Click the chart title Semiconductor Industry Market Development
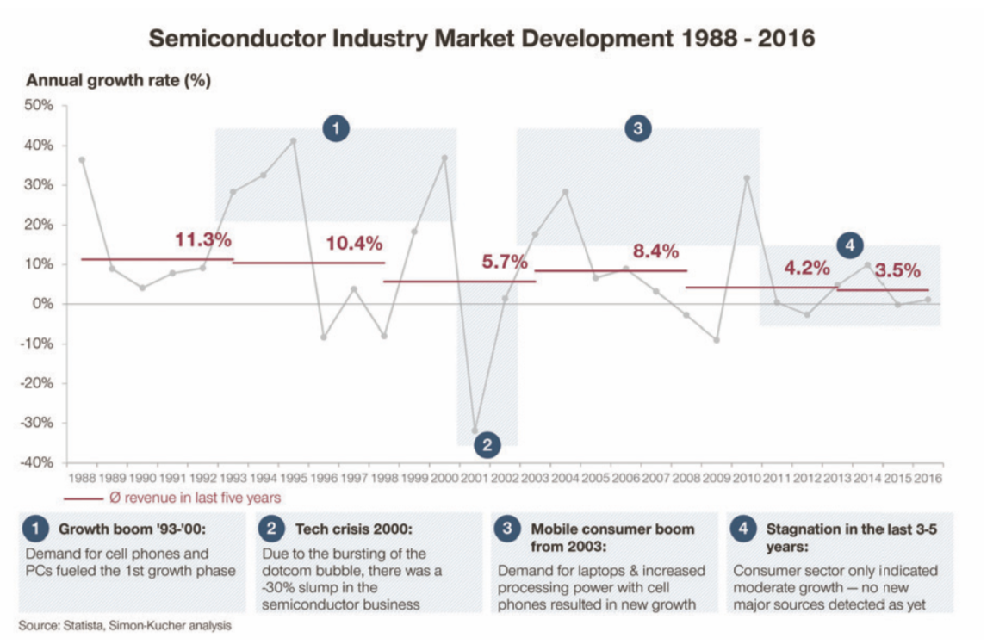[481, 39]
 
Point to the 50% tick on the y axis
[40, 106]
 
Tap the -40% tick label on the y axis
[38, 462]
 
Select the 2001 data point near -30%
[475, 430]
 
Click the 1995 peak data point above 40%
[293, 141]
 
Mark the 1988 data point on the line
[82, 160]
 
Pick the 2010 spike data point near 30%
[747, 178]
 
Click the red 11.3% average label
[203, 239]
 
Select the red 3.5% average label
[897, 270]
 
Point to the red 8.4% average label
[655, 251]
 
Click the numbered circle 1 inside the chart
[336, 129]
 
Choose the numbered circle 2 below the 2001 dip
[487, 445]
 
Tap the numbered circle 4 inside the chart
[849, 245]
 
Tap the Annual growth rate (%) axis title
[119, 81]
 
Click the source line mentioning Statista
[125, 625]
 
